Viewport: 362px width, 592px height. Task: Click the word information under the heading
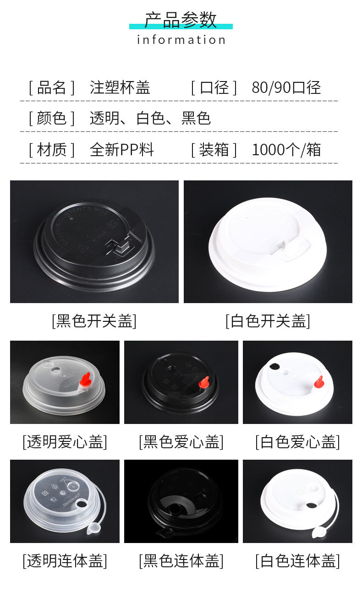point(181,40)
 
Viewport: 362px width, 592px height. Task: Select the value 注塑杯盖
point(120,87)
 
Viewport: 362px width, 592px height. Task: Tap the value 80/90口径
point(286,87)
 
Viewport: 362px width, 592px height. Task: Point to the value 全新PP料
point(121,150)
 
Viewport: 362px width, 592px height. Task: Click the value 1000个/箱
point(286,150)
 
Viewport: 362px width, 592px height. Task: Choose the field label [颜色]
point(51,118)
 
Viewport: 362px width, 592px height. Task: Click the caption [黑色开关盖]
point(94,321)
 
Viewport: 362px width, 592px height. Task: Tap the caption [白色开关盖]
point(268,321)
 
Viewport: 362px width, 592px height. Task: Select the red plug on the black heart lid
point(204,382)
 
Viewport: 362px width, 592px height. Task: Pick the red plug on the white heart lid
point(318,382)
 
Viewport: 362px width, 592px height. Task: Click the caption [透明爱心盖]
point(65,442)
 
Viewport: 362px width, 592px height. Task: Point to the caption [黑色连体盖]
point(181,560)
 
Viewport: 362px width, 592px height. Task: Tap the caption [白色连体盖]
point(297,560)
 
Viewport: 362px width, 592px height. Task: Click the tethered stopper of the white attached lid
point(319,532)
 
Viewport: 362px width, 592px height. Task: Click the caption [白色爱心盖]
point(297,442)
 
